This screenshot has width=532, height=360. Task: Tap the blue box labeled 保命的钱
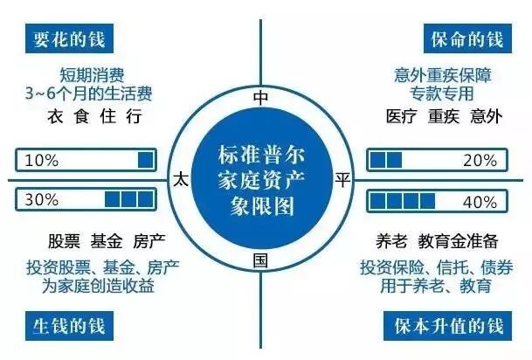click(x=465, y=38)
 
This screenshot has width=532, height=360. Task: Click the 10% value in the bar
click(x=43, y=161)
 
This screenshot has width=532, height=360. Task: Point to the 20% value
click(x=480, y=161)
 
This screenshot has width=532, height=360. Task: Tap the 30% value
click(x=43, y=200)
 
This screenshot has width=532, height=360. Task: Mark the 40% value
click(x=480, y=200)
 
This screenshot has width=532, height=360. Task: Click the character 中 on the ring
click(x=259, y=97)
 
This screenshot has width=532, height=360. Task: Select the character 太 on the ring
click(x=181, y=179)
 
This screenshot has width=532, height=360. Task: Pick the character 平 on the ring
click(x=343, y=179)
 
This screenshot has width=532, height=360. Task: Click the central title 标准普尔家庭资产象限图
click(x=261, y=179)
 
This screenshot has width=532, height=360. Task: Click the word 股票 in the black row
click(x=65, y=239)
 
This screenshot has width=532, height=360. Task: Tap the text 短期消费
click(x=93, y=73)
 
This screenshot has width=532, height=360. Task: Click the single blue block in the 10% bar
click(x=145, y=161)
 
